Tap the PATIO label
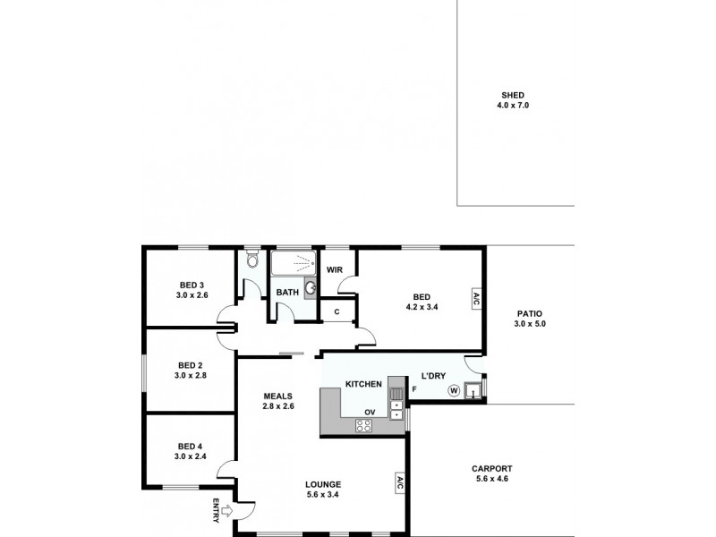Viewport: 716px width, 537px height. pos(530,313)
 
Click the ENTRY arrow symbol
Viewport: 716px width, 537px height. pos(224,512)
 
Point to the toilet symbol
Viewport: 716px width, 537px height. pos(252,261)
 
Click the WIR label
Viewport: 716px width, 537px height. pos(336,268)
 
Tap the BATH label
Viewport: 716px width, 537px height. pos(286,293)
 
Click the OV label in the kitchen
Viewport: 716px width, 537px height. pos(369,412)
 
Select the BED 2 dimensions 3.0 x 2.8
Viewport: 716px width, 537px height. pos(191,376)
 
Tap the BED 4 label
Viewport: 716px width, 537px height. pos(191,446)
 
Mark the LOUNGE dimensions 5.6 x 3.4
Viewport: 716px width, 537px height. pos(321,496)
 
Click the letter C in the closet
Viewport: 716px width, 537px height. pos(337,311)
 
